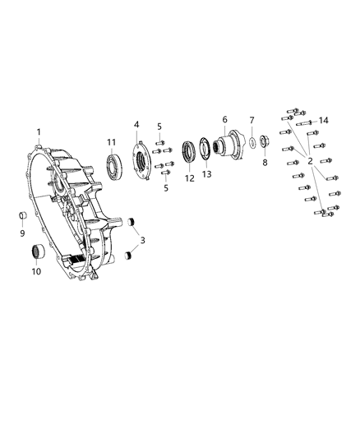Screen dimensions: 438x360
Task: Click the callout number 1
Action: [x=38, y=132]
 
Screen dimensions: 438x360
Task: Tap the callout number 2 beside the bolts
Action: [x=310, y=162]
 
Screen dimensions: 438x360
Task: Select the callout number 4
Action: [x=136, y=124]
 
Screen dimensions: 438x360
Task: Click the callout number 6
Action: [x=224, y=119]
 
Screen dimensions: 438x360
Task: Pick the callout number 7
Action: [x=252, y=120]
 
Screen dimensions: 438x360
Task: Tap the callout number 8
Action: [x=264, y=163]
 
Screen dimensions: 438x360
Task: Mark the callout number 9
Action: [x=22, y=233]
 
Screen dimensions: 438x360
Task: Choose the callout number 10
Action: [x=36, y=270]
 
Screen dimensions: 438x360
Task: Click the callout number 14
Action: [x=323, y=121]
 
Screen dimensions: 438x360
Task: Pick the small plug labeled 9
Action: [x=23, y=217]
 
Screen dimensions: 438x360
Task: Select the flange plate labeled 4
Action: [x=141, y=159]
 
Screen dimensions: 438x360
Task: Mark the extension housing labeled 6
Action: [x=227, y=145]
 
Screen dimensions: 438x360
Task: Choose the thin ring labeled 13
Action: [x=205, y=152]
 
